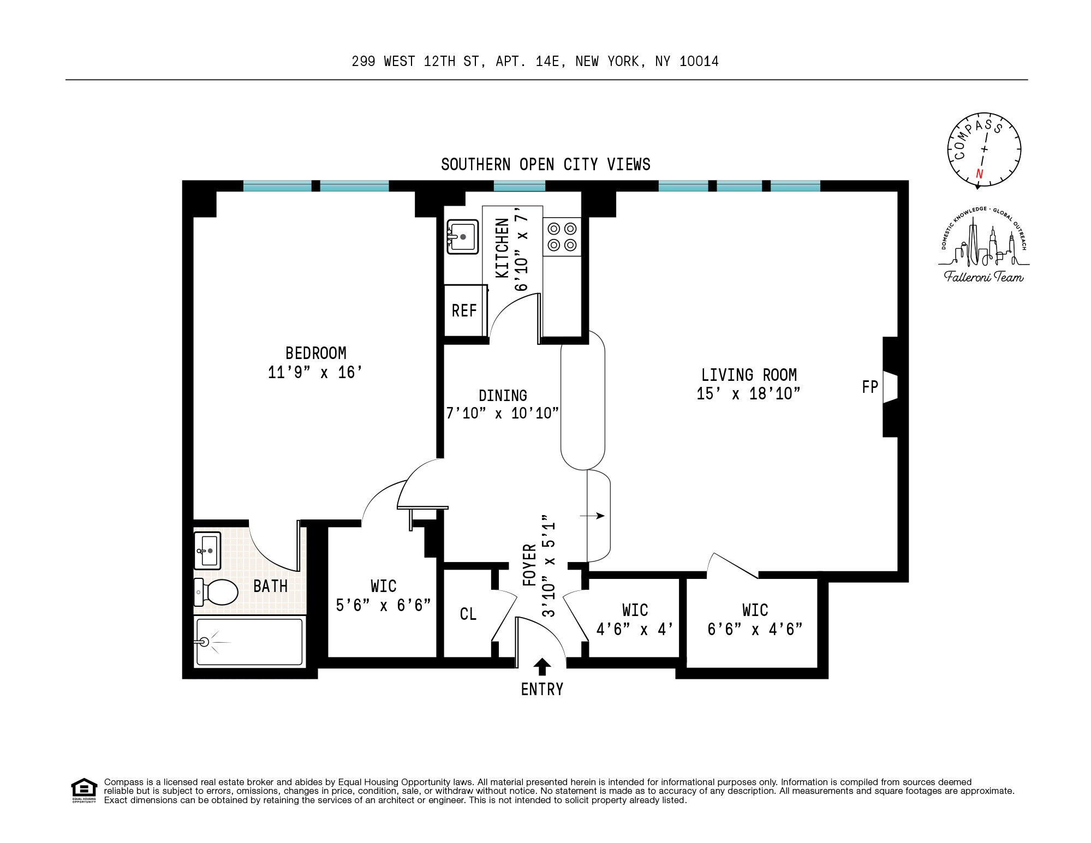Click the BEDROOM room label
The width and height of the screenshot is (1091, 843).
point(315,353)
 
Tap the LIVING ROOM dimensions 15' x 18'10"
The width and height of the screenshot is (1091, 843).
point(748,393)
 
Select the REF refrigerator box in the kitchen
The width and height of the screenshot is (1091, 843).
point(464,310)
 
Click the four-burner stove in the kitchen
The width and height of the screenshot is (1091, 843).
point(562,237)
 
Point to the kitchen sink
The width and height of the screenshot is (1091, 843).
point(463,237)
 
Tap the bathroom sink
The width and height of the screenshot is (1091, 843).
point(208,551)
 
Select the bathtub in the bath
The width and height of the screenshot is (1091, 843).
point(249,642)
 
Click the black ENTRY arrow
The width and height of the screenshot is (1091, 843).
point(542,666)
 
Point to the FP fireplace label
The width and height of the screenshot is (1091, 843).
point(869,387)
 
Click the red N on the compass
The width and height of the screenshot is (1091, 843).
point(979,174)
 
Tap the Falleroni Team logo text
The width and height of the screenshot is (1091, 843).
point(983,277)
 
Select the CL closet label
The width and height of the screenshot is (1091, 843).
point(468,614)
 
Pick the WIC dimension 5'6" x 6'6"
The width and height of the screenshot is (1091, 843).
point(383,605)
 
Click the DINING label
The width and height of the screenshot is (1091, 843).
point(503,396)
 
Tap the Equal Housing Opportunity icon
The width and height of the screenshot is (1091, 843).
point(84,790)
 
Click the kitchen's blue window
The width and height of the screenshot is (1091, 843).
point(519,186)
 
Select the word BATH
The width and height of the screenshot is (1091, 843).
point(270,586)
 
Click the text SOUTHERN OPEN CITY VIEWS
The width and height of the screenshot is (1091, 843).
point(545,164)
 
